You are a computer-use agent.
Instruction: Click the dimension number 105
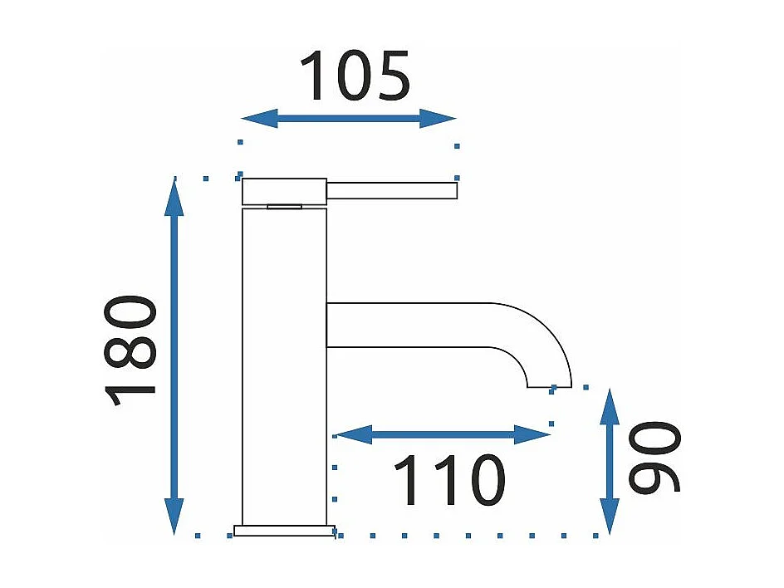point(355,76)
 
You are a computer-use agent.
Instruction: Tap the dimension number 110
point(448,482)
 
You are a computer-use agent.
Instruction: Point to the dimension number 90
point(654,458)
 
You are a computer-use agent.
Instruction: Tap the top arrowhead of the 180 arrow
point(174,192)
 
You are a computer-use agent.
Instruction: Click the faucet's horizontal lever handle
point(392,191)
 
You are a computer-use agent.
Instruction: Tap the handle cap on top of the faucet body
point(284,191)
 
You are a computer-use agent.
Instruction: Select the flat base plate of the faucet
point(284,530)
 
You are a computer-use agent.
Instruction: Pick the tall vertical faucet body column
point(284,365)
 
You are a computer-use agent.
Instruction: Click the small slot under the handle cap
point(285,206)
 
